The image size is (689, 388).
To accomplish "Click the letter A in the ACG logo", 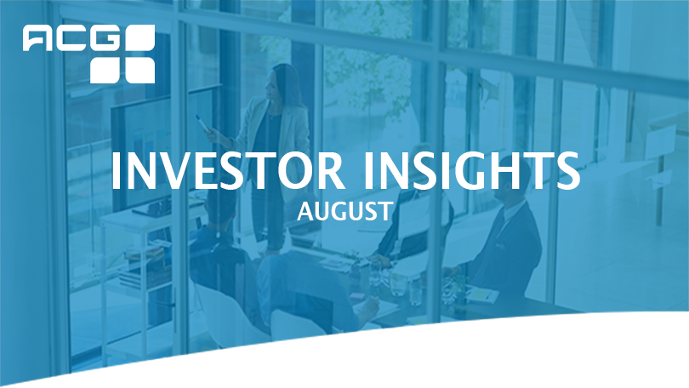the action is (x=38, y=37).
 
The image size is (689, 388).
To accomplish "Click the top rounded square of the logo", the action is (x=140, y=37).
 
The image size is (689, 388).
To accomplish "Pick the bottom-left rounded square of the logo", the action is (x=105, y=70).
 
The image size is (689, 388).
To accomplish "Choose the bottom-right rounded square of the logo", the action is (x=140, y=70).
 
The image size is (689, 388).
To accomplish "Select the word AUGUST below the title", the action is (x=344, y=211).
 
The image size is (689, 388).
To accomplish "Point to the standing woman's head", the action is (x=282, y=82).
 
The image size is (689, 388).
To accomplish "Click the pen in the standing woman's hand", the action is (x=202, y=123).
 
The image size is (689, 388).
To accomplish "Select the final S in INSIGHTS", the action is (x=567, y=170).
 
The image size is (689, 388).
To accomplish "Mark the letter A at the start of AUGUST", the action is (x=305, y=211).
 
